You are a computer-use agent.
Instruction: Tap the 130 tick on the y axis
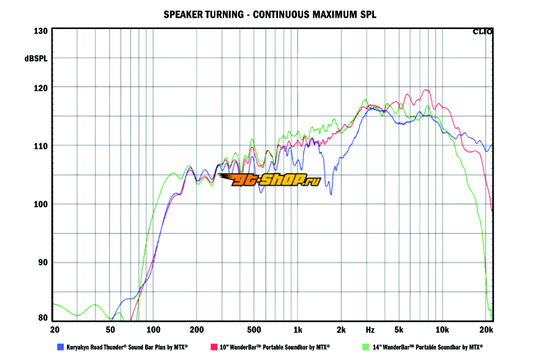point(40,31)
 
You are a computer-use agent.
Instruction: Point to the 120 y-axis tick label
point(40,88)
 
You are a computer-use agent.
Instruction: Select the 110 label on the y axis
point(40,146)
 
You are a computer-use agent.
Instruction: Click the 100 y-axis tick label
point(40,204)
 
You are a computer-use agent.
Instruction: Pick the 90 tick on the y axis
point(42,263)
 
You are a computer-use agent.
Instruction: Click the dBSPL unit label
point(36,59)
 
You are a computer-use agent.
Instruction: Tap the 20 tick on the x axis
point(55,330)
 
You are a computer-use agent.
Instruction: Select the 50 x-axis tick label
point(109,330)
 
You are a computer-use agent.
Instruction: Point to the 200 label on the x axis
point(197,330)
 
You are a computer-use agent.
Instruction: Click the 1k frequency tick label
point(298,330)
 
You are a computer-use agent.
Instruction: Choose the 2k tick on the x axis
point(342,330)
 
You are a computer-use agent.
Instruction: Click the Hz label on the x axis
point(370,330)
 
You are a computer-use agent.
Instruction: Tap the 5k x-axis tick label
point(399,330)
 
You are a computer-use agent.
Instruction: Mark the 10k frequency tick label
point(442,330)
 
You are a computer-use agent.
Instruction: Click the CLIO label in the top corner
point(483,31)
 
